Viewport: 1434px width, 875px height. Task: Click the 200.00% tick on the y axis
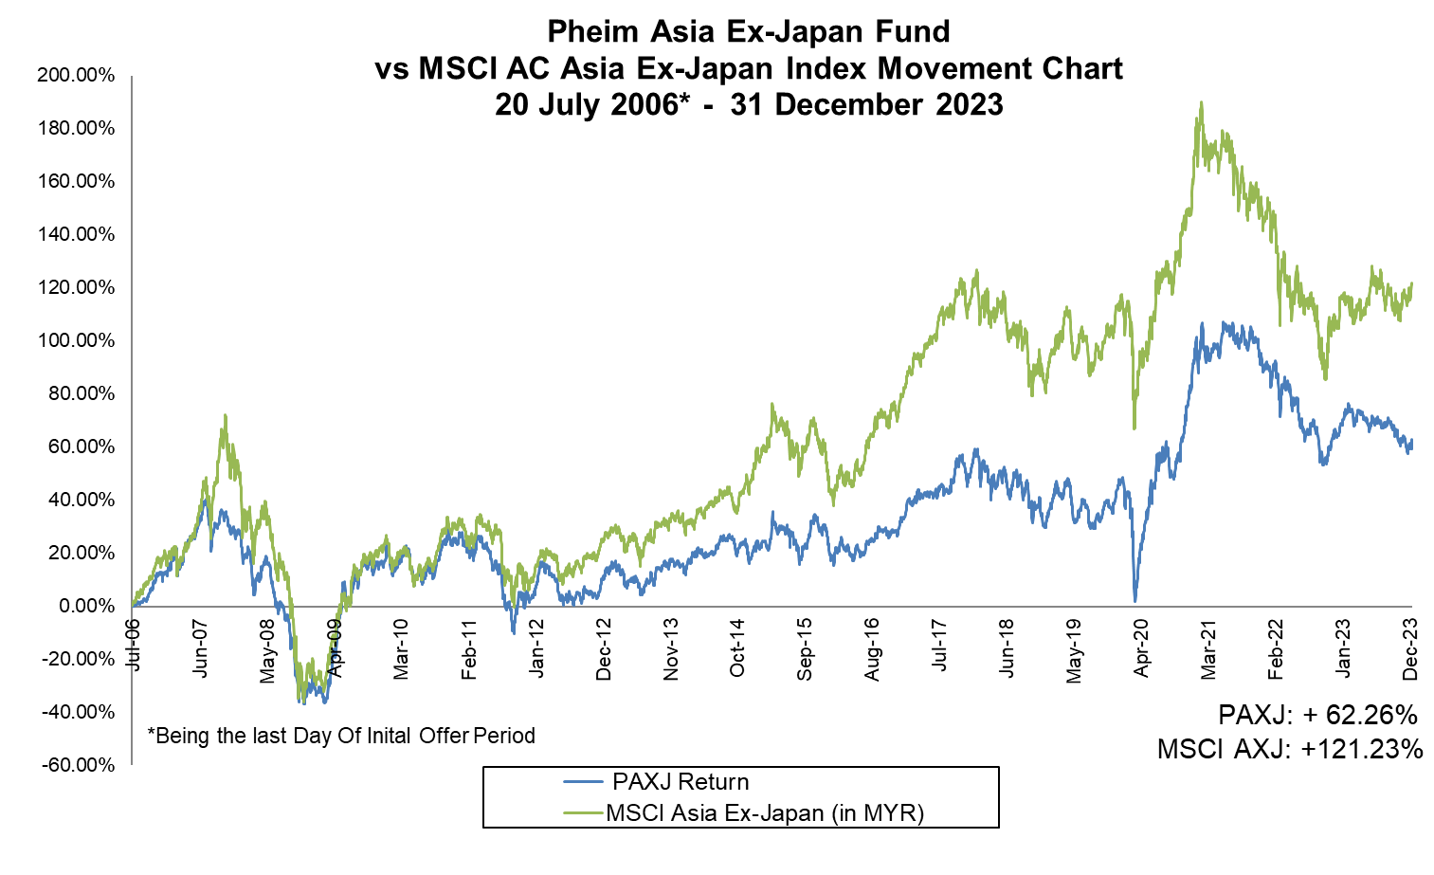[76, 75]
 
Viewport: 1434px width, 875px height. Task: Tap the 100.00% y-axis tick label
[76, 340]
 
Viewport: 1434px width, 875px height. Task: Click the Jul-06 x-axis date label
[133, 645]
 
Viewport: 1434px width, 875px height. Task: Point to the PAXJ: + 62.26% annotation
[1316, 714]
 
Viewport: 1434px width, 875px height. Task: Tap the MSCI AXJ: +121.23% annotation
[1290, 749]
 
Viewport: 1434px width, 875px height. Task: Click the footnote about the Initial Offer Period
[341, 736]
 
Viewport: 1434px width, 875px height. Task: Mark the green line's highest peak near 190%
[1201, 102]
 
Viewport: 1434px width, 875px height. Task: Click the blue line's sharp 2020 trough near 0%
[1134, 600]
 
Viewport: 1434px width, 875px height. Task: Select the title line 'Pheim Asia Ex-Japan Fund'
[748, 31]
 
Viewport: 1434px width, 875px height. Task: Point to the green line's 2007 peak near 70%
[225, 415]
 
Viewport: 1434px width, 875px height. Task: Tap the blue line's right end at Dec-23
[1411, 442]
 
